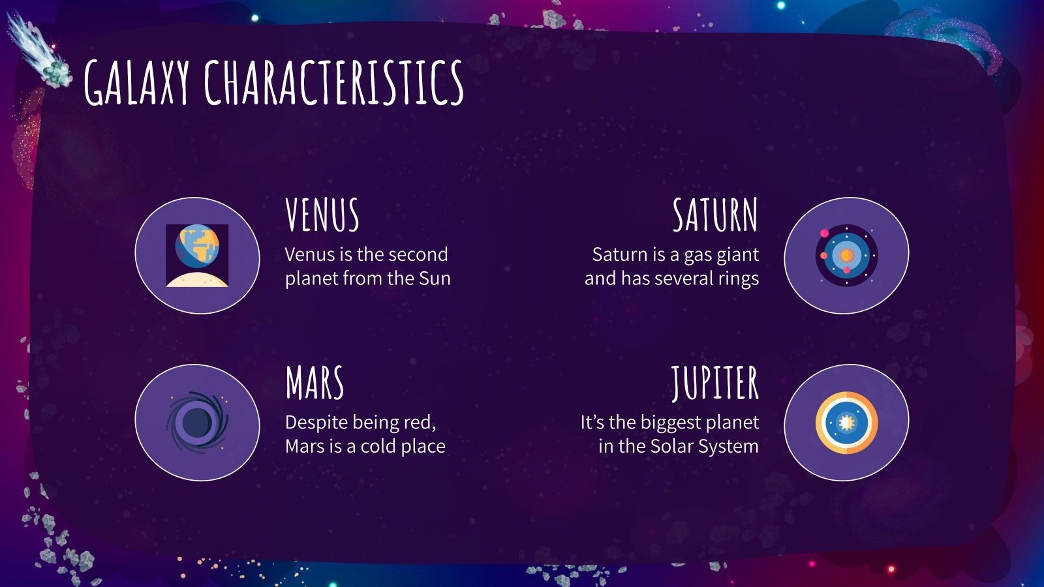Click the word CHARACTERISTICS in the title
333,82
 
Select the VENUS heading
322,215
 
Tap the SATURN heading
715,215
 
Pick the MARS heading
315,383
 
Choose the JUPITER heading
715,383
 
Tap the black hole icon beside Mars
197,423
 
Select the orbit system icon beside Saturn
846,255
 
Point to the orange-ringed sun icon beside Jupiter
846,423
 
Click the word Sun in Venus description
435,278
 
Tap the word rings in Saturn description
738,278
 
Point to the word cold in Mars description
378,446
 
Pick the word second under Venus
418,254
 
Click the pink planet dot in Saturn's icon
825,233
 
